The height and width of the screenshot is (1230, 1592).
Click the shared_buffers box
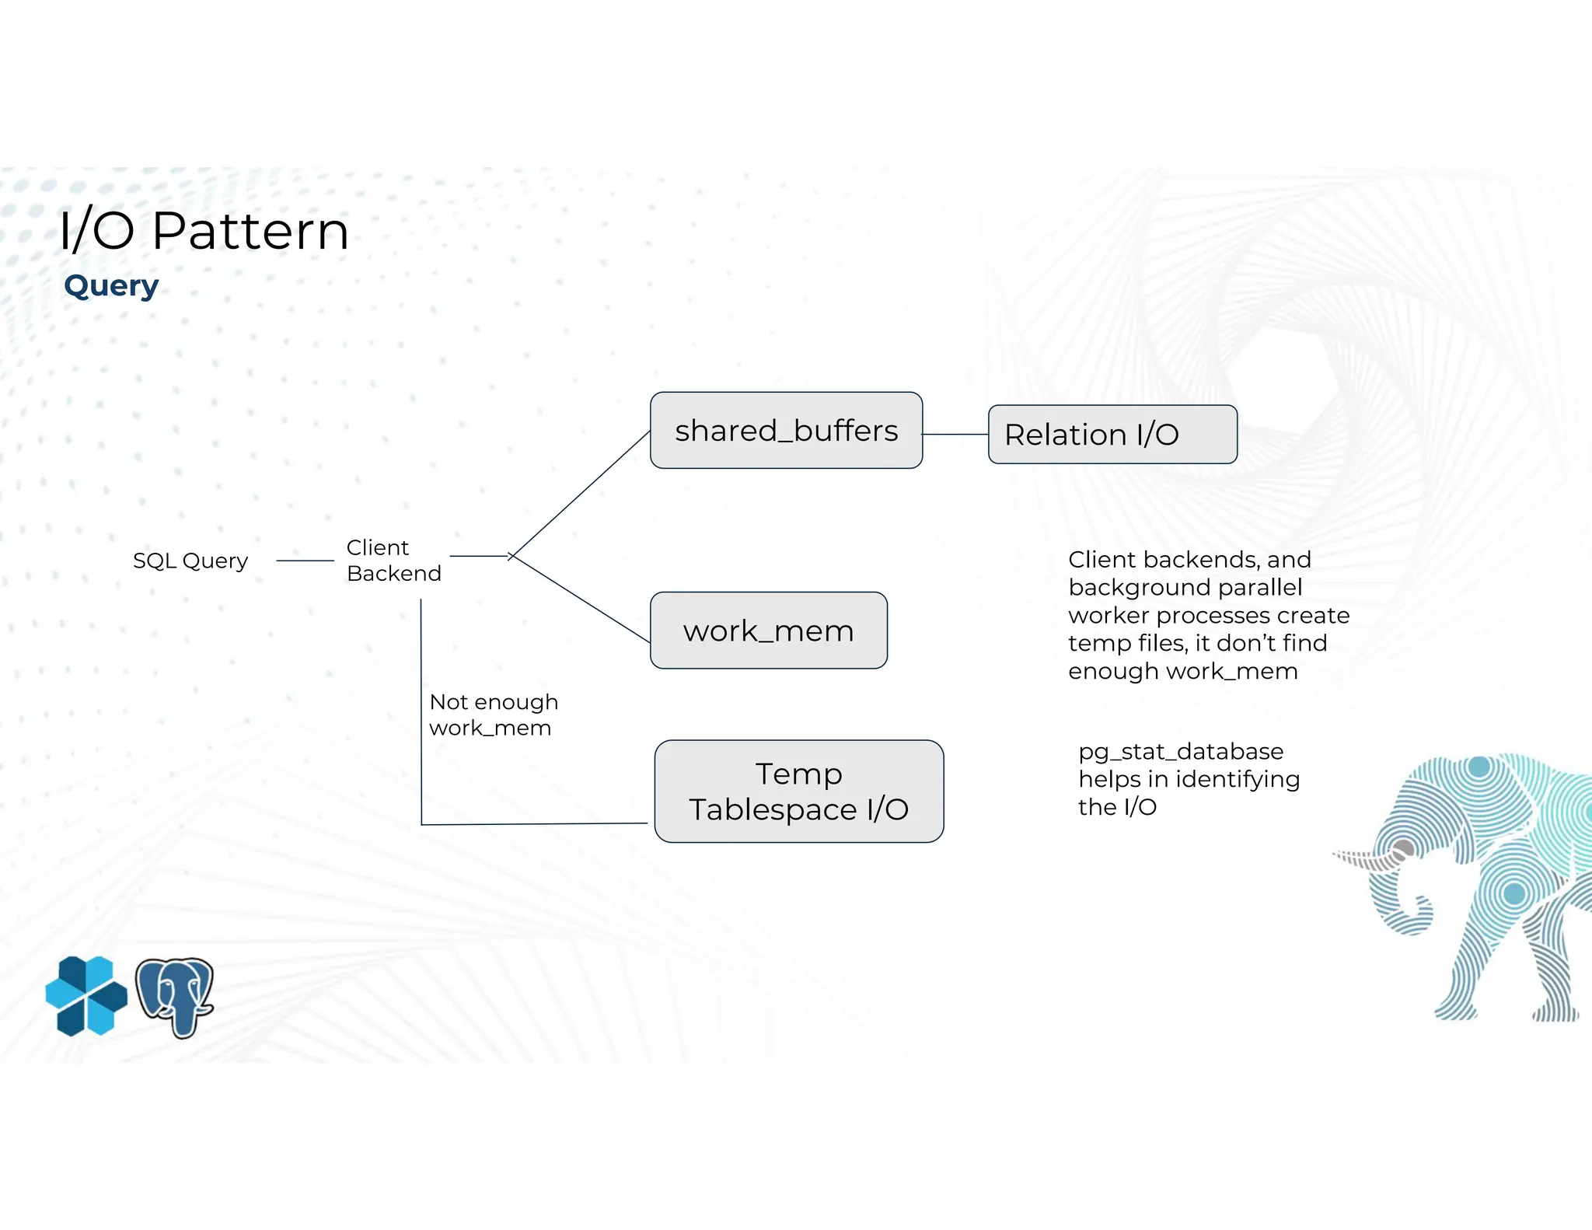(786, 431)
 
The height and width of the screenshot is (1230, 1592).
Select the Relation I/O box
(1112, 435)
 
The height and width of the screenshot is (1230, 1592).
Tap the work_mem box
(768, 631)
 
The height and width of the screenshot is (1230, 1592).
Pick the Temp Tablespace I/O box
(798, 791)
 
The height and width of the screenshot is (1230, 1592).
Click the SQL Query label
(190, 561)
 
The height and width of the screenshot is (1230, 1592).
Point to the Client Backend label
(393, 561)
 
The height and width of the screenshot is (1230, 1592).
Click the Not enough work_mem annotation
(493, 715)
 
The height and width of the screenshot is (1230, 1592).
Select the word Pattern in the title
(250, 231)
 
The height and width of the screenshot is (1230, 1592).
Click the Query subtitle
(111, 286)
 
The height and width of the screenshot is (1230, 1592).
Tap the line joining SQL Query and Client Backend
(305, 561)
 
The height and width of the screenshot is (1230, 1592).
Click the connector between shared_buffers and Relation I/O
(955, 435)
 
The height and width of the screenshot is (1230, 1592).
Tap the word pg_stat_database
(1180, 752)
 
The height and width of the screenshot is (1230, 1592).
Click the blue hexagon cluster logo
(86, 996)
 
